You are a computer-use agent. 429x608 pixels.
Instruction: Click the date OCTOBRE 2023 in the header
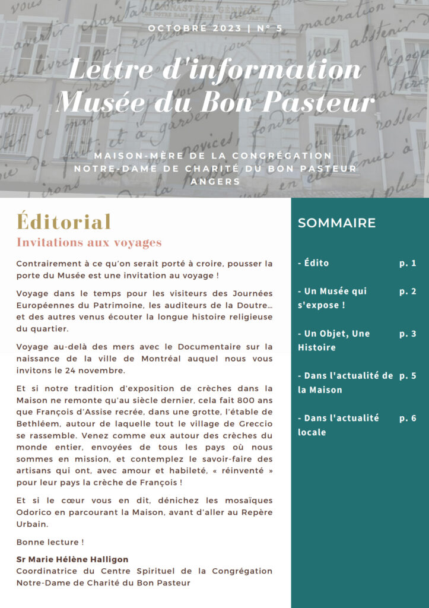pyautogui.click(x=194, y=28)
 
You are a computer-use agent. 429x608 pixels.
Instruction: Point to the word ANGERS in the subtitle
pyautogui.click(x=215, y=182)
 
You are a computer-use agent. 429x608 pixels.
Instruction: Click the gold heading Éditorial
pyautogui.click(x=64, y=221)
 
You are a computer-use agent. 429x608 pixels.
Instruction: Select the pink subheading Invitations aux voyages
pyautogui.click(x=89, y=243)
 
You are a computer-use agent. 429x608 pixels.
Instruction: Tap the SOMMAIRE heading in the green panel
pyautogui.click(x=336, y=223)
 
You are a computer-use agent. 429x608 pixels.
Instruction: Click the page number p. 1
pyautogui.click(x=408, y=263)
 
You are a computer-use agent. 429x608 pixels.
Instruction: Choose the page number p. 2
pyautogui.click(x=408, y=291)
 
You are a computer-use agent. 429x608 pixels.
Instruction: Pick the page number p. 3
pyautogui.click(x=408, y=334)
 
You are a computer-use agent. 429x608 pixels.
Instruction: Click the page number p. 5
pyautogui.click(x=408, y=376)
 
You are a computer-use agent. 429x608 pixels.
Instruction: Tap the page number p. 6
pyautogui.click(x=408, y=418)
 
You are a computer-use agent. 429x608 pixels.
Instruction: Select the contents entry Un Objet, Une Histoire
pyautogui.click(x=334, y=340)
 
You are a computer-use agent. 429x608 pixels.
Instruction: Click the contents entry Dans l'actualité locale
pyautogui.click(x=338, y=425)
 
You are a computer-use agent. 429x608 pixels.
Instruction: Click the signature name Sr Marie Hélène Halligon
pyautogui.click(x=72, y=559)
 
